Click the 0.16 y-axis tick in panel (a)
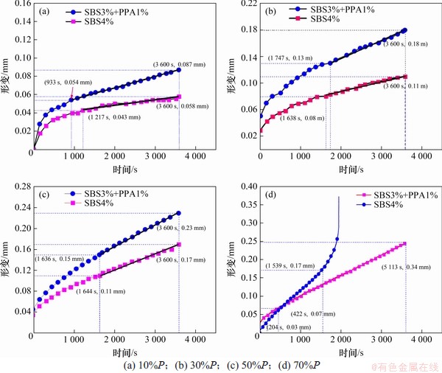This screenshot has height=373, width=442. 19,4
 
